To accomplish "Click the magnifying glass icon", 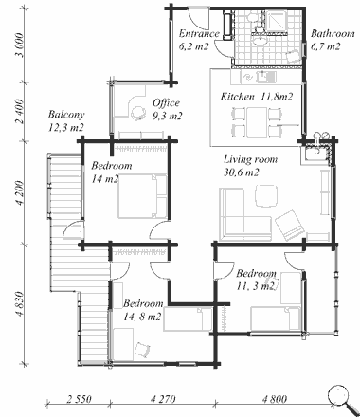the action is (342, 399).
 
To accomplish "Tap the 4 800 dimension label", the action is (275, 399).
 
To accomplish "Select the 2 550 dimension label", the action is (79, 399).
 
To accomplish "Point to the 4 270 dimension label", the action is (163, 399).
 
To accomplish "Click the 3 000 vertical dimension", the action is (20, 45).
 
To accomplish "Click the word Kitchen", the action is (237, 97).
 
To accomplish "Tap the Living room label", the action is (251, 159).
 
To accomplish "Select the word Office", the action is (166, 103).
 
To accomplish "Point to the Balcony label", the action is (66, 115).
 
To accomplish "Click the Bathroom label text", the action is (333, 33).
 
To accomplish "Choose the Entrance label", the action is (199, 33).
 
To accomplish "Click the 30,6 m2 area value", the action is (242, 172).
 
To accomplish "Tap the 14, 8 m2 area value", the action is (142, 317).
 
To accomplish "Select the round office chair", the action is (138, 113).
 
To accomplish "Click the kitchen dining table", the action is (257, 122).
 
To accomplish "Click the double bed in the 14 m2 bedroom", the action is (142, 196).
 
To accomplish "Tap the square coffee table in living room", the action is (266, 195).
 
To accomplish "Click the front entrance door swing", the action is (199, 19).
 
